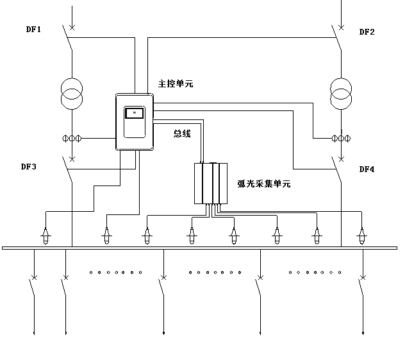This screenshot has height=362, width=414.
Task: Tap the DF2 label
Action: tap(367, 31)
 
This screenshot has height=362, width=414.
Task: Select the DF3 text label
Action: tap(28, 167)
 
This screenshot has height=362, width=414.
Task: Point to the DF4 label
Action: tap(367, 169)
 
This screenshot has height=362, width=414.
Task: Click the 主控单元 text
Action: tap(175, 83)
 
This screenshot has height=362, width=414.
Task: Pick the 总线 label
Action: tap(182, 134)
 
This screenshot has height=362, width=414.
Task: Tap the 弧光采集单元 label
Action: tap(263, 184)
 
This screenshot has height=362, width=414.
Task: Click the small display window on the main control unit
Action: tap(134, 114)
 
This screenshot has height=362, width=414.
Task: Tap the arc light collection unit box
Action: tap(210, 184)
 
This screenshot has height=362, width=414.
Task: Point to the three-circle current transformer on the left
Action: tap(72, 138)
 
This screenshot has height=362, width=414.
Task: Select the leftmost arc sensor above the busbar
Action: tap(46, 236)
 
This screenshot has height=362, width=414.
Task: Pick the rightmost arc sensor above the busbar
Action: tap(362, 236)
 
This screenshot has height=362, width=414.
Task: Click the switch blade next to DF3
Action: tap(68, 171)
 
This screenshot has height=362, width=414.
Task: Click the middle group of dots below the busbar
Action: tap(215, 272)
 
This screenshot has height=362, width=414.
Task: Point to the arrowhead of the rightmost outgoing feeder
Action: tap(363, 332)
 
